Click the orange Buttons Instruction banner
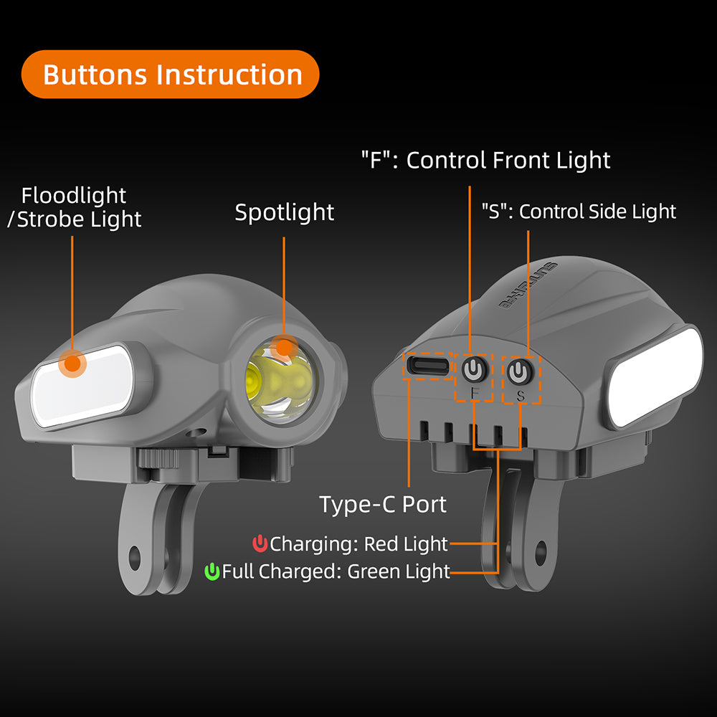(x=170, y=74)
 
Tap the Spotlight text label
(x=284, y=212)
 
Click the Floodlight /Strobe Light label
(x=75, y=207)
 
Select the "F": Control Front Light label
(x=485, y=160)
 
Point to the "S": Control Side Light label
(x=579, y=212)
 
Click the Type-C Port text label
(x=383, y=504)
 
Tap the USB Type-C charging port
(x=427, y=366)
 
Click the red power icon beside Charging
(x=260, y=543)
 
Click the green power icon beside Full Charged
(x=212, y=571)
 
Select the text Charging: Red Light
(x=358, y=544)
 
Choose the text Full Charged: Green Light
(x=336, y=571)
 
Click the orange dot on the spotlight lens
(x=284, y=348)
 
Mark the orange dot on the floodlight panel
(x=72, y=364)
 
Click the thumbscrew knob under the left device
(x=158, y=458)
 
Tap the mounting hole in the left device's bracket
(x=135, y=559)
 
